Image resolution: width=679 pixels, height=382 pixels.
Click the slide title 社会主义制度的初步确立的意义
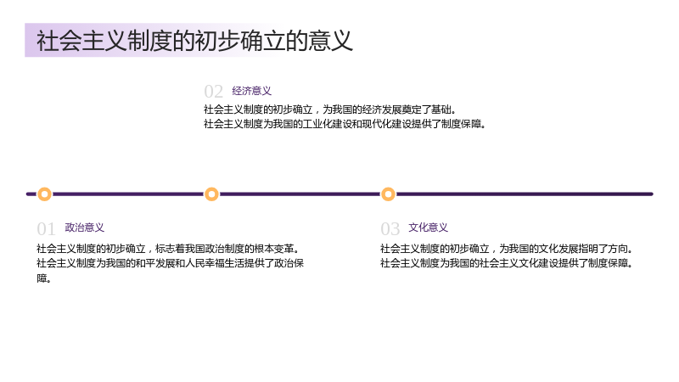click(194, 41)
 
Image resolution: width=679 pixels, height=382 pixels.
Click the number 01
click(46, 229)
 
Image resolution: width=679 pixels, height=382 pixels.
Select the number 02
click(213, 92)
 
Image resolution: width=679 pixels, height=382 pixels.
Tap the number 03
click(390, 229)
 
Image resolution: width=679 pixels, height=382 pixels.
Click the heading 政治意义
click(84, 228)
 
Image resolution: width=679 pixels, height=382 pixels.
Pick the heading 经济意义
click(251, 91)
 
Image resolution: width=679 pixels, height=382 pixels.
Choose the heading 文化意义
click(428, 228)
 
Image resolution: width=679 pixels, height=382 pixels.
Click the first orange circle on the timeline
click(44, 194)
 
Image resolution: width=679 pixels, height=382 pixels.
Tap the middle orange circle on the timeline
click(211, 194)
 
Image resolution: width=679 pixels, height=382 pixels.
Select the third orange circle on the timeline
click(388, 194)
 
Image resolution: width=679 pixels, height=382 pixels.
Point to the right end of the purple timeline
click(652, 194)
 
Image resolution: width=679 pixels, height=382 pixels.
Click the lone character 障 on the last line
click(42, 278)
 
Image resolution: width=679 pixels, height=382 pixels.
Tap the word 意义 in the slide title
click(330, 41)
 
